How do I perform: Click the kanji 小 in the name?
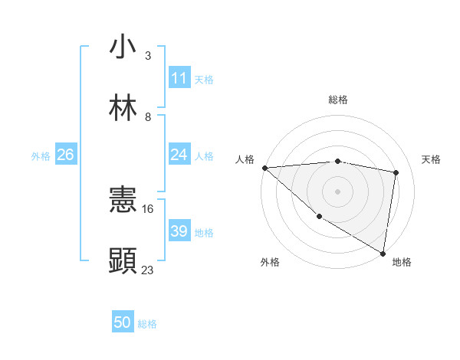point(123,47)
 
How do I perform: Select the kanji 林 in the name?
point(123,108)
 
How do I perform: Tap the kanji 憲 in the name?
point(123,201)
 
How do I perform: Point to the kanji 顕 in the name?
point(123,261)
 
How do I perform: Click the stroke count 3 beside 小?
point(147,55)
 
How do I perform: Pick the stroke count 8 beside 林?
point(147,116)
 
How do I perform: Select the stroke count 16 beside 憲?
point(148,208)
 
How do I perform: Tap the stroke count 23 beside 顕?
point(148,270)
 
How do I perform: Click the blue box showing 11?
point(179,78)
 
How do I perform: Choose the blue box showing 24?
point(179,155)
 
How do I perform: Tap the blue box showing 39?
point(179,231)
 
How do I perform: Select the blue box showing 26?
point(65,155)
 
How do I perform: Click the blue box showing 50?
point(123,322)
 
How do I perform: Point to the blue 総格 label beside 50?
point(147,324)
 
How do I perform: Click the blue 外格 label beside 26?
point(41,155)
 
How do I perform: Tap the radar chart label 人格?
point(245,159)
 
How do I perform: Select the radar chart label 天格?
point(431,159)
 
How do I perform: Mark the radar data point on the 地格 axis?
point(383,253)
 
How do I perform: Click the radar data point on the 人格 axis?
point(264,168)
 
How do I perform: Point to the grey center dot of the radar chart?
point(337,191)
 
